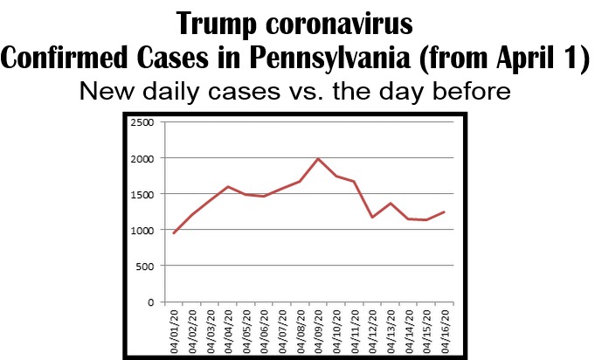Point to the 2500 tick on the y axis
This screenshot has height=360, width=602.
pyautogui.click(x=142, y=122)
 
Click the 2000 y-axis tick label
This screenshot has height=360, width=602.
pyautogui.click(x=142, y=158)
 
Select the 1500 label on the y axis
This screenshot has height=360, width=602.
pyautogui.click(x=142, y=194)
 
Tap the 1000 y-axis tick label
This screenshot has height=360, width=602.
pyautogui.click(x=142, y=230)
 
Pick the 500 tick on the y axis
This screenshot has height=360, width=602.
pyautogui.click(x=145, y=266)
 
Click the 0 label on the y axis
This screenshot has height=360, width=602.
pyautogui.click(x=150, y=302)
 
